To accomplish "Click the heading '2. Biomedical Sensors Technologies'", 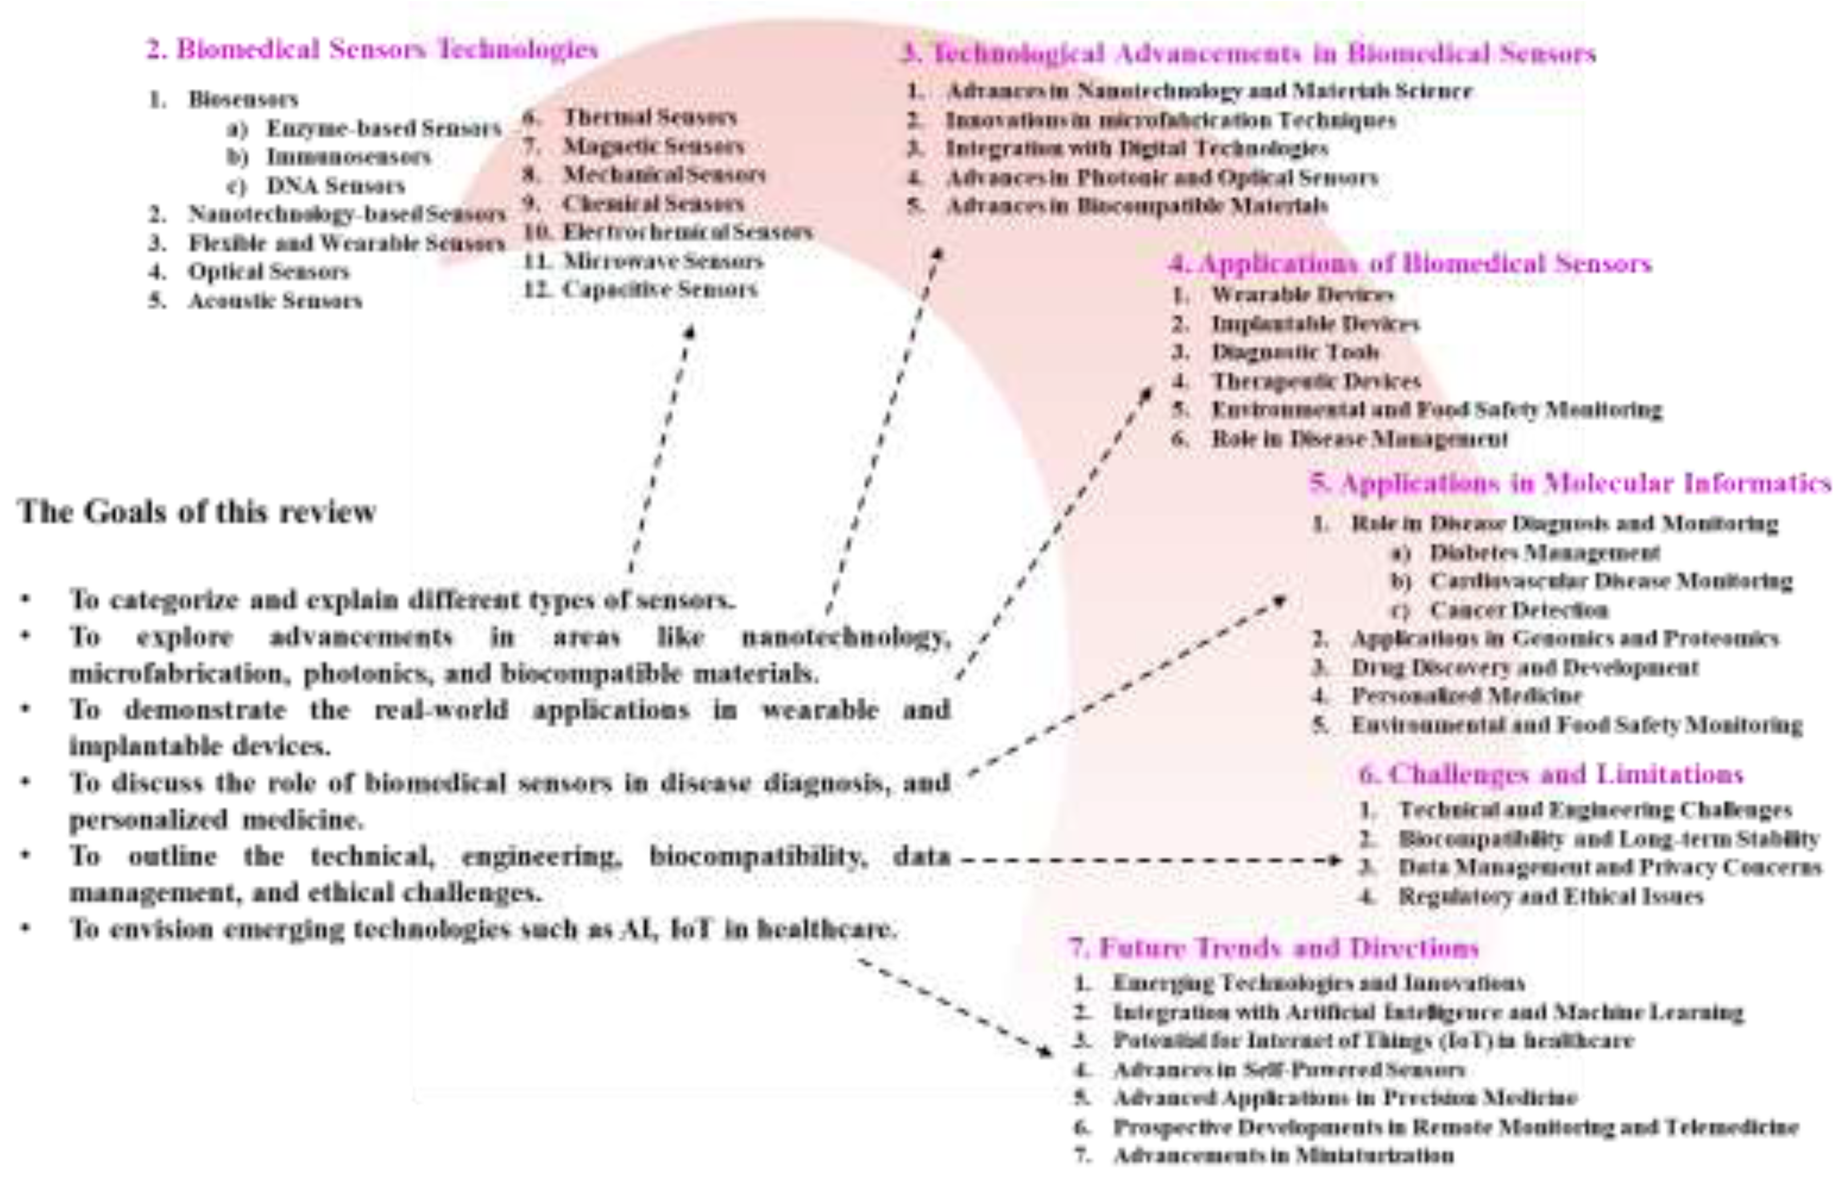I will point(372,49).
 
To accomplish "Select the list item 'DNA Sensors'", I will point(335,186).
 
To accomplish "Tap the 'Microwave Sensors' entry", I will point(662,261).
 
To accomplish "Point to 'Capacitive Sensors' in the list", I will point(660,290).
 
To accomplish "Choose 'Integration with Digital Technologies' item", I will point(1136,149).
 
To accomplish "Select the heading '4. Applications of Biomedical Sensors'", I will point(1410,264).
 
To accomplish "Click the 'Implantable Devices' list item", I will point(1315,324).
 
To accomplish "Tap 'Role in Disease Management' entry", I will point(1360,439).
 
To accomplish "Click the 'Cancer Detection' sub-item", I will point(1519,610).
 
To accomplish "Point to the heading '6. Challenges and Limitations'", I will point(1551,774).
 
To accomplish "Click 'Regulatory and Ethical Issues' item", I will point(1551,896).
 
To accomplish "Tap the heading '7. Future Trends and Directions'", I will point(1274,947).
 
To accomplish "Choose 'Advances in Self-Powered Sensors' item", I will point(1289,1070).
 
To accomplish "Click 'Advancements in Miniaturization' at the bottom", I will point(1283,1155).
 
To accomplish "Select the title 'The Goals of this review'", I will point(197,511).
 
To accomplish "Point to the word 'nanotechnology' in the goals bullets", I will point(845,637).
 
